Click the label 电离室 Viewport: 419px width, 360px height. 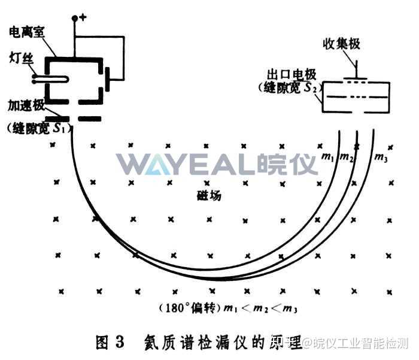[28, 29]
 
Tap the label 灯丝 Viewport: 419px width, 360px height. [20, 58]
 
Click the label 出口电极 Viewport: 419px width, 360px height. [292, 75]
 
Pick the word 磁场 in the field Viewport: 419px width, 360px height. [208, 195]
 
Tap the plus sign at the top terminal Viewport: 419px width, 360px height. [83, 16]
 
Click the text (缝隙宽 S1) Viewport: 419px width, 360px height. [37, 128]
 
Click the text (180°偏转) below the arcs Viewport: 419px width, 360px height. [190, 308]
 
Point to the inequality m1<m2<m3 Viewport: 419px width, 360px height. [261, 309]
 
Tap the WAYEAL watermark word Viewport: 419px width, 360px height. [187, 164]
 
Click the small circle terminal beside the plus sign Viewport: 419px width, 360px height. [75, 19]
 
